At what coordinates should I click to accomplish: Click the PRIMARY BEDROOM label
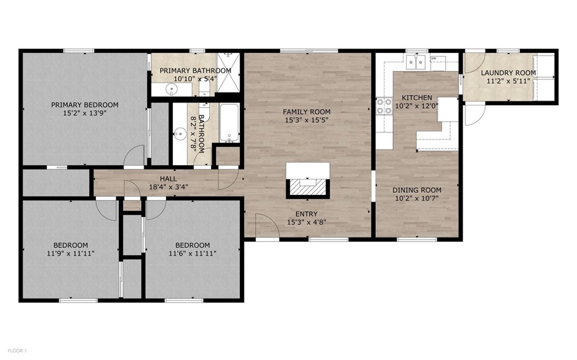click(85, 105)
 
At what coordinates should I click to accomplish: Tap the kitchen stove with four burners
click(384, 106)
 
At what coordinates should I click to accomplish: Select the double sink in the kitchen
click(417, 62)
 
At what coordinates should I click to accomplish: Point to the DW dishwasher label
click(434, 59)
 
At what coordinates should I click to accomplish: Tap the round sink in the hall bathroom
click(180, 134)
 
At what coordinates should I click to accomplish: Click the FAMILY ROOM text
click(307, 112)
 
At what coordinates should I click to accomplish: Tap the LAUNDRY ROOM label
click(508, 73)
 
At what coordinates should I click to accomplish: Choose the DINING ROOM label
click(417, 190)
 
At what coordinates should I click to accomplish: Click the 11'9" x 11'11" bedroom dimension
click(70, 254)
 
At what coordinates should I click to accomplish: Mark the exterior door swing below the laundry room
click(473, 114)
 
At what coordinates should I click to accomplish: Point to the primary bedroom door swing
click(134, 157)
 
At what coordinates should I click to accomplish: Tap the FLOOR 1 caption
click(17, 350)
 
